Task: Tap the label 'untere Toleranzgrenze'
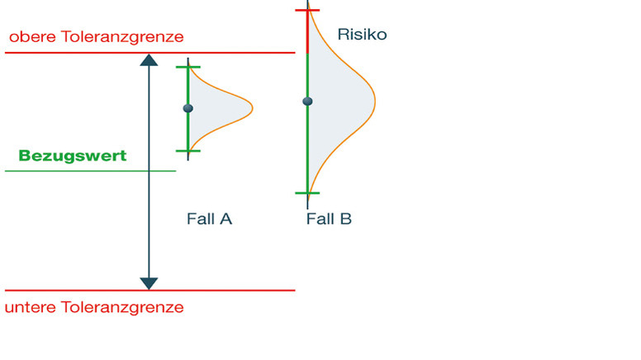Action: pyautogui.click(x=94, y=308)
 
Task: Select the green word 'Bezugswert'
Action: pyautogui.click(x=73, y=155)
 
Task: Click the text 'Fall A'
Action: pyautogui.click(x=209, y=219)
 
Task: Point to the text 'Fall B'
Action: pyautogui.click(x=329, y=219)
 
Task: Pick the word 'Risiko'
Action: pyautogui.click(x=362, y=35)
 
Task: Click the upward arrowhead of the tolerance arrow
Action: pyautogui.click(x=149, y=59)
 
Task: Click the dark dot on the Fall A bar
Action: pyautogui.click(x=188, y=108)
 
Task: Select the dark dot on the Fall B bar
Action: pyautogui.click(x=307, y=102)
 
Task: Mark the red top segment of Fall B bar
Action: pyautogui.click(x=307, y=31)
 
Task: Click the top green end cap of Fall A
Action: pyautogui.click(x=188, y=67)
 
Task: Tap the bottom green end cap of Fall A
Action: pyautogui.click(x=188, y=150)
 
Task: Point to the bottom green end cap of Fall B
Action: pyautogui.click(x=307, y=193)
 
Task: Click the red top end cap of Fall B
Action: pyautogui.click(x=307, y=10)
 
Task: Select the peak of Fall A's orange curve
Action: pyautogui.click(x=252, y=107)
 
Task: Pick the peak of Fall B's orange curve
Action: pyautogui.click(x=374, y=102)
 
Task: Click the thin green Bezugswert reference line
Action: pyautogui.click(x=91, y=171)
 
